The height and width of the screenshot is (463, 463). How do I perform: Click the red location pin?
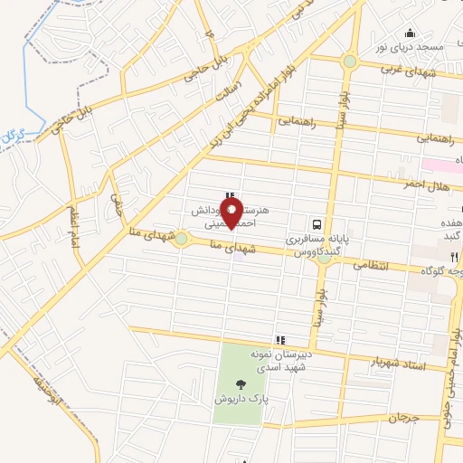[x=231, y=214]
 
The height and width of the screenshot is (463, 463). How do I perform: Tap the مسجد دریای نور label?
[x=411, y=45]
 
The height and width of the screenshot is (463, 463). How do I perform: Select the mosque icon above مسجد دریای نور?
[x=411, y=33]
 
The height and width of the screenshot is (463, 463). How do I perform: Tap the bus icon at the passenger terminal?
[x=317, y=223]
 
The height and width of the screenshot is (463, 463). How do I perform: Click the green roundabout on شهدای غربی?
[x=349, y=61]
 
